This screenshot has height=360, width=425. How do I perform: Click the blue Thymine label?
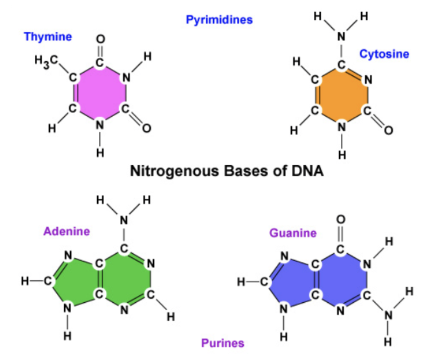[48, 36]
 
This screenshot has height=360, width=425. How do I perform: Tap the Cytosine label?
[384, 54]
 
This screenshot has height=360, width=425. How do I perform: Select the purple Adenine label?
[66, 231]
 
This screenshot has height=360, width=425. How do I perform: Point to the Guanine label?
[293, 233]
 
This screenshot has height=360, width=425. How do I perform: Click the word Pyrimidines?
[219, 20]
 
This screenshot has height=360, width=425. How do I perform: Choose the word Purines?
[222, 343]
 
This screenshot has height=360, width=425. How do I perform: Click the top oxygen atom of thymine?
[100, 39]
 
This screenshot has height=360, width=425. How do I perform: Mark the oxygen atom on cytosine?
[388, 130]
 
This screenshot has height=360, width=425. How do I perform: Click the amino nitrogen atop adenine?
[124, 220]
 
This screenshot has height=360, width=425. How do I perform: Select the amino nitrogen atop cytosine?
[341, 37]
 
